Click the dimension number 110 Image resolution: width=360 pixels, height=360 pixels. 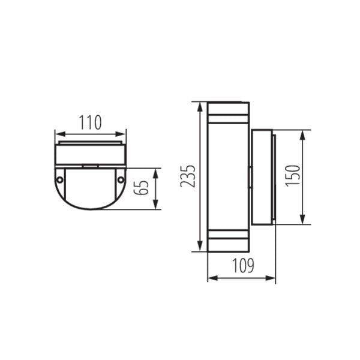pos(90,123)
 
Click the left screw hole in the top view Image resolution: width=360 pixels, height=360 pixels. pos(60,179)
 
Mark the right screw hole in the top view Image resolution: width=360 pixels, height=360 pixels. pos(121,179)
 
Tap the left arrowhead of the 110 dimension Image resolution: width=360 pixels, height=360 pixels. pos(57,133)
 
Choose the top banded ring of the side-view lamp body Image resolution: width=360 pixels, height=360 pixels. pos(227,112)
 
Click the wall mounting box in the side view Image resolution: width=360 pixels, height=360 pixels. pos(262,177)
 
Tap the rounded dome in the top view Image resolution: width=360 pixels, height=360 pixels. pos(90,191)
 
